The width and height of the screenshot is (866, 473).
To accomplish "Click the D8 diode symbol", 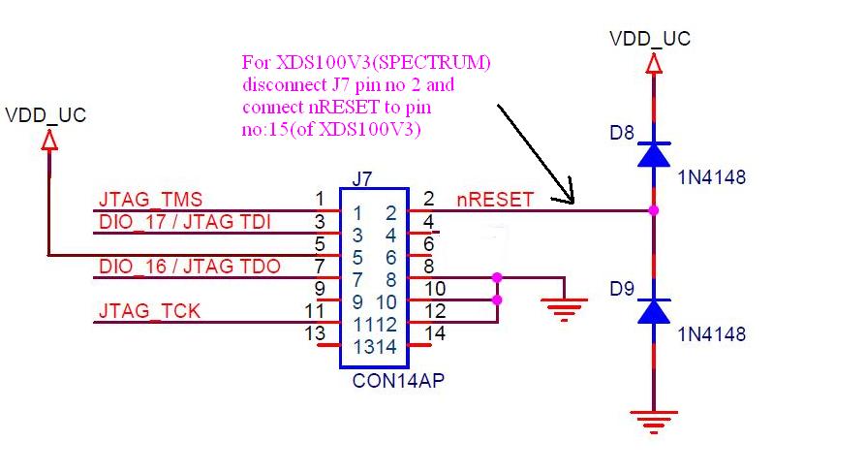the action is (654, 154).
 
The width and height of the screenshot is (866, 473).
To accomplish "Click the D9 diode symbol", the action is (654, 311).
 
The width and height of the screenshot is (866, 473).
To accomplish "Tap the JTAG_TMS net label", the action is (150, 199).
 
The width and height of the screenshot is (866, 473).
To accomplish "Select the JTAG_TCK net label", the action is (149, 311).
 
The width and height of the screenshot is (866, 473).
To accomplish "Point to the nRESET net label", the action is (495, 200).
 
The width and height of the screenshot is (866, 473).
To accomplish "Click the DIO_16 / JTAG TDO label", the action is (190, 267).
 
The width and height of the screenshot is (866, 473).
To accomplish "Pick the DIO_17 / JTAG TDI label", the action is (184, 222).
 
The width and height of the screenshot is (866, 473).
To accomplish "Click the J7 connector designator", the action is (361, 179).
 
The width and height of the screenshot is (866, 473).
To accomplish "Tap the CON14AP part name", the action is (398, 381).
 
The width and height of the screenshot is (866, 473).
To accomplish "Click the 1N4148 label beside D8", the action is (711, 177).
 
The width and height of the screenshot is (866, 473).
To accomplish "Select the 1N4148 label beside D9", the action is (711, 334).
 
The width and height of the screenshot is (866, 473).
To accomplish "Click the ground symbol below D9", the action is (654, 423).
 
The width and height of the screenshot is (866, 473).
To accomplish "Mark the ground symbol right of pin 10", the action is (564, 309).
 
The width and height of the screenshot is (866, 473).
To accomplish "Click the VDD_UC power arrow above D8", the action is (654, 64).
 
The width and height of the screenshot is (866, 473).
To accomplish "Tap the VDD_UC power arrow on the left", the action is (49, 140).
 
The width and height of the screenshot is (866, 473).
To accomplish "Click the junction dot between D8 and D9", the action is (654, 210).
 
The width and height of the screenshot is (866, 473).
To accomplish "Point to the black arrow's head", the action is (572, 202).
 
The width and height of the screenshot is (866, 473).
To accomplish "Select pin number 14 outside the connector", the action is (435, 333).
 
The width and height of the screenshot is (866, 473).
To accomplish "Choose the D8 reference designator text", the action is (621, 133).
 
